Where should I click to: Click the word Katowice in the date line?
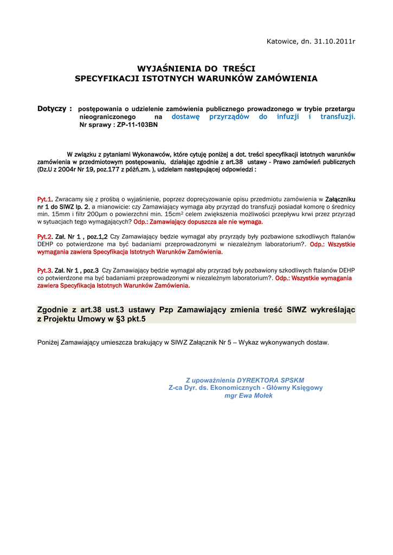281,42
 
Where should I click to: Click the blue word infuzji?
288,117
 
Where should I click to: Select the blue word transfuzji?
337,117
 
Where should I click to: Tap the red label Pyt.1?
44,199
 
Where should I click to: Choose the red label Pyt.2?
44,237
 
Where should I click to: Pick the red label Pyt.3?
44,270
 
